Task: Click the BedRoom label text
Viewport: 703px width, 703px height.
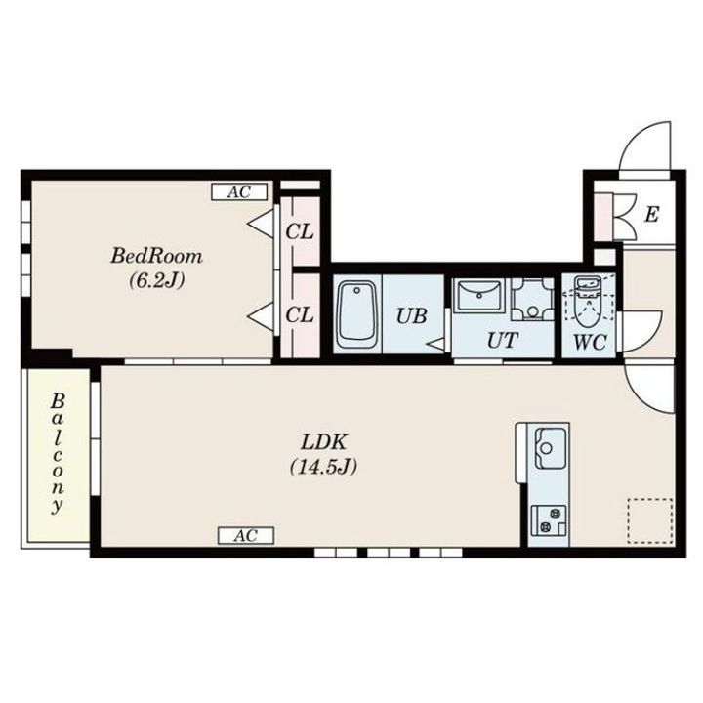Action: point(156,257)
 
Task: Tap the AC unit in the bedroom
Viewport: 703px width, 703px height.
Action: point(239,192)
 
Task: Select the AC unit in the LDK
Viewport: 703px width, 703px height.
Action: point(246,535)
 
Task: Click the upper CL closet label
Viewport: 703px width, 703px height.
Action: point(300,231)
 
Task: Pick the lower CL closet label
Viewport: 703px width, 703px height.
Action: point(300,314)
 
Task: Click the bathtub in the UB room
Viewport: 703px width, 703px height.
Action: point(357,314)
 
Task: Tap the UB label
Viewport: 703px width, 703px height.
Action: point(412,316)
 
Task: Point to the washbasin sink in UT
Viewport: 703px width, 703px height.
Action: point(479,295)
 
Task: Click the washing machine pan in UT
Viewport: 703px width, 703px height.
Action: point(533,299)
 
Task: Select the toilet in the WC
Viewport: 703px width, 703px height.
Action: point(588,302)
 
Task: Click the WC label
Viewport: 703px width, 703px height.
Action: point(590,343)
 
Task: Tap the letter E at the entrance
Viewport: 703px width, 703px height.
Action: point(651,214)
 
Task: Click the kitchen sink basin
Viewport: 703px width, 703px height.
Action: point(550,448)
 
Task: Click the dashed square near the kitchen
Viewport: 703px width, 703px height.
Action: point(650,520)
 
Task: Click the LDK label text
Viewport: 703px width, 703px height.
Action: point(324,442)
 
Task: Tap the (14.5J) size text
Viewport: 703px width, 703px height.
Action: point(324,467)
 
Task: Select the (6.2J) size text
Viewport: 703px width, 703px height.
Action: point(157,280)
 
